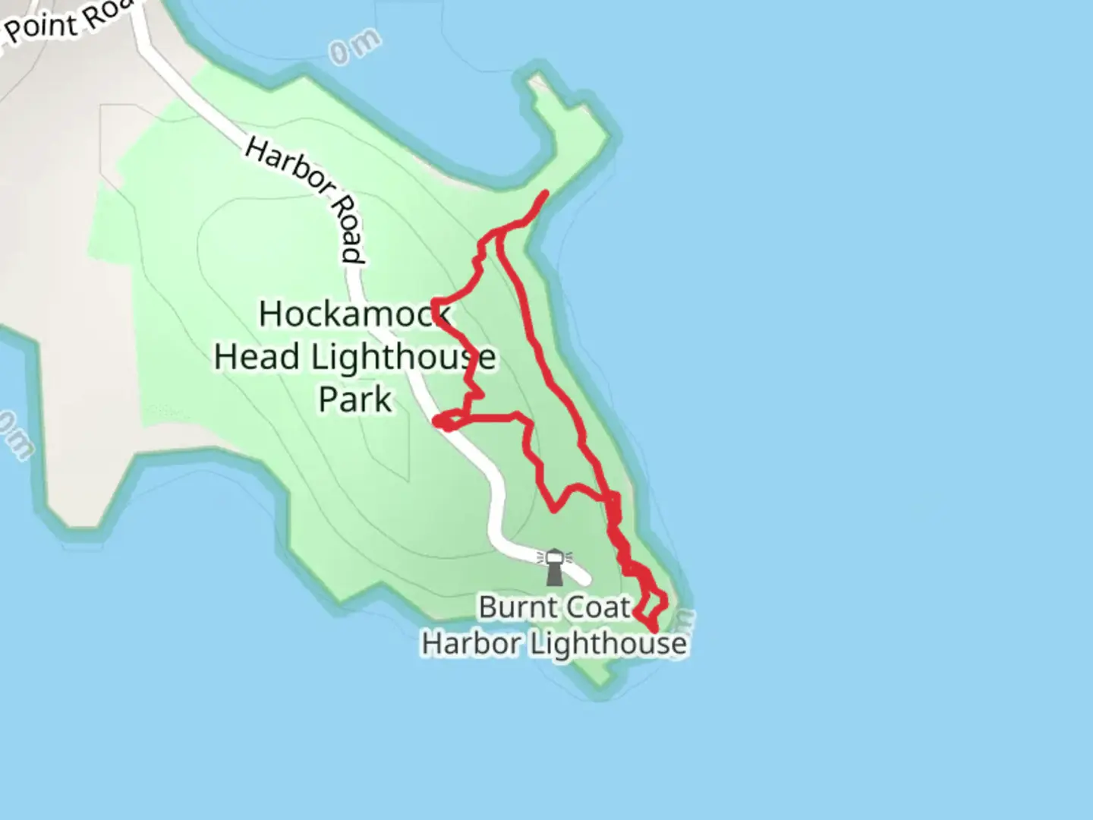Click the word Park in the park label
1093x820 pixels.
point(355,399)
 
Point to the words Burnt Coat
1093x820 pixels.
point(555,607)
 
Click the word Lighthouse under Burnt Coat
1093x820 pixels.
point(608,645)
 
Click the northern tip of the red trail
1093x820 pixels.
point(545,194)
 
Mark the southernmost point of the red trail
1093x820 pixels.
point(654,630)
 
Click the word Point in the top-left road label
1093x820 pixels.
point(42,27)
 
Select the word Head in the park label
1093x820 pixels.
point(257,357)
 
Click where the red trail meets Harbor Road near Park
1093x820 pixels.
point(445,421)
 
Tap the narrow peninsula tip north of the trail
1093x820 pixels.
point(540,83)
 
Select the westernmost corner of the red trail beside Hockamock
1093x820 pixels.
point(435,304)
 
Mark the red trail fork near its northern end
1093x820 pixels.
point(499,232)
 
